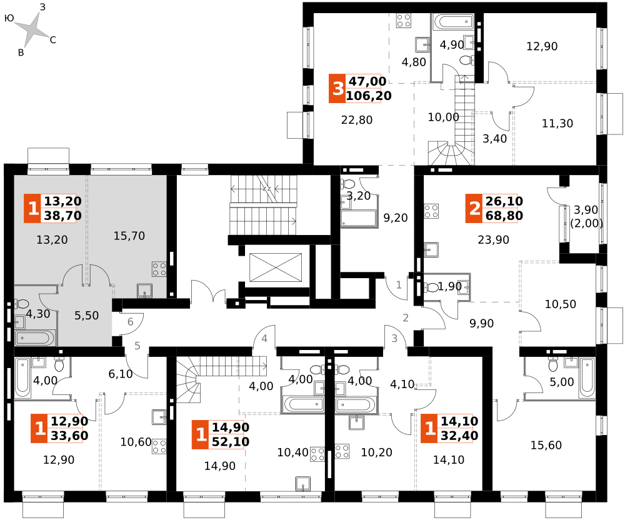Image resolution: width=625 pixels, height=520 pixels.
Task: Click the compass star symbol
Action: (31, 29)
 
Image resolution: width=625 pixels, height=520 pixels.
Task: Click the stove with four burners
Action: (159, 269)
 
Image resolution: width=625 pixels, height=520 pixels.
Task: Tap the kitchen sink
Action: (145, 291)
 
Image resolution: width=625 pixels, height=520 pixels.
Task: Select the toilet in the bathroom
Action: (22, 304)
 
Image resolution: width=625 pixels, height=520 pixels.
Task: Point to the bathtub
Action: (34, 338)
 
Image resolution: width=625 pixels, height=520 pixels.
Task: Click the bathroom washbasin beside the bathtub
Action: (19, 322)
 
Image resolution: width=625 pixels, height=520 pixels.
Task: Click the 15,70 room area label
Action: (129, 236)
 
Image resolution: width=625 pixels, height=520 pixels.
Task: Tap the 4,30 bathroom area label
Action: (38, 314)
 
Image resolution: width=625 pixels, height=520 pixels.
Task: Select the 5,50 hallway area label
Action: (87, 316)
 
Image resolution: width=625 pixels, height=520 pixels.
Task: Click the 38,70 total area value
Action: (62, 216)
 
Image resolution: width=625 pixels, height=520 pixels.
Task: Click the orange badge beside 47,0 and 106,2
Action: (337, 89)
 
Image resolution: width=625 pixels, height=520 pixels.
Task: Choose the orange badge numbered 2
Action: (474, 209)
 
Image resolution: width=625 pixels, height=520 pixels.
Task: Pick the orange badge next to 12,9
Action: (39, 429)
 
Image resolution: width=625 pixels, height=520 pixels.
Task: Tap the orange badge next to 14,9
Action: (201, 435)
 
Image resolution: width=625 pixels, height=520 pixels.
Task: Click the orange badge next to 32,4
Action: (429, 429)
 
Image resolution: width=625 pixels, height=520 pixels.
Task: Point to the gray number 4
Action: (264, 339)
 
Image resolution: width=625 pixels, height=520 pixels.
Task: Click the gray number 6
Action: (131, 322)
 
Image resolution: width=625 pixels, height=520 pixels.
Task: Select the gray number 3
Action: (394, 339)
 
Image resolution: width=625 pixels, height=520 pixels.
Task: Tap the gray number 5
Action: (137, 346)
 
